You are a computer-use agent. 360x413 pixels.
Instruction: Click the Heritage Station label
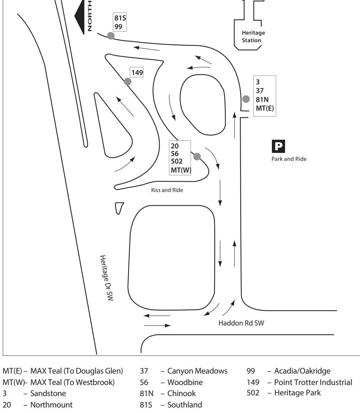[253, 36]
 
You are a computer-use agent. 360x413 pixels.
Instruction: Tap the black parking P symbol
[278, 146]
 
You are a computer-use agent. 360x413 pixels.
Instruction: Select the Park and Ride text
[289, 159]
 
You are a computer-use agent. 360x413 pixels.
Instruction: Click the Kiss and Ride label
[167, 190]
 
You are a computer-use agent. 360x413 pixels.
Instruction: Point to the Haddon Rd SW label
[241, 323]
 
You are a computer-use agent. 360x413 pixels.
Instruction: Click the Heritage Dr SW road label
[106, 278]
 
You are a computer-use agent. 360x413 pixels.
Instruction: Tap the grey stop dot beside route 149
[127, 82]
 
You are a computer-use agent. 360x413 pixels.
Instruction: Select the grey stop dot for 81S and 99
[111, 36]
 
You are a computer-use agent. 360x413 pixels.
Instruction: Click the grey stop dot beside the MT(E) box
[246, 99]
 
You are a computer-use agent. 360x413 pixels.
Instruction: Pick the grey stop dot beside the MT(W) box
[197, 156]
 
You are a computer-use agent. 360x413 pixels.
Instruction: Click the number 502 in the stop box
[177, 162]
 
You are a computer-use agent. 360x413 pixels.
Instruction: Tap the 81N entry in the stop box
[262, 100]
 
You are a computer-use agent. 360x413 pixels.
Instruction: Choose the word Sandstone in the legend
[48, 393]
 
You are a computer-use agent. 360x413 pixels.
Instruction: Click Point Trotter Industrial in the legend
[313, 382]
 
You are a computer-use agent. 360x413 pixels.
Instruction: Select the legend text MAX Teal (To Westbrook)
[73, 382]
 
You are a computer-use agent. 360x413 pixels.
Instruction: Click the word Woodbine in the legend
[185, 382]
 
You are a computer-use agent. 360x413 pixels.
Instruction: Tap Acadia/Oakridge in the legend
[302, 371]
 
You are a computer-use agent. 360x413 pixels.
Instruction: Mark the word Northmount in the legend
[51, 405]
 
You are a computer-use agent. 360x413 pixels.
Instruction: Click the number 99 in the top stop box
[119, 27]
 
